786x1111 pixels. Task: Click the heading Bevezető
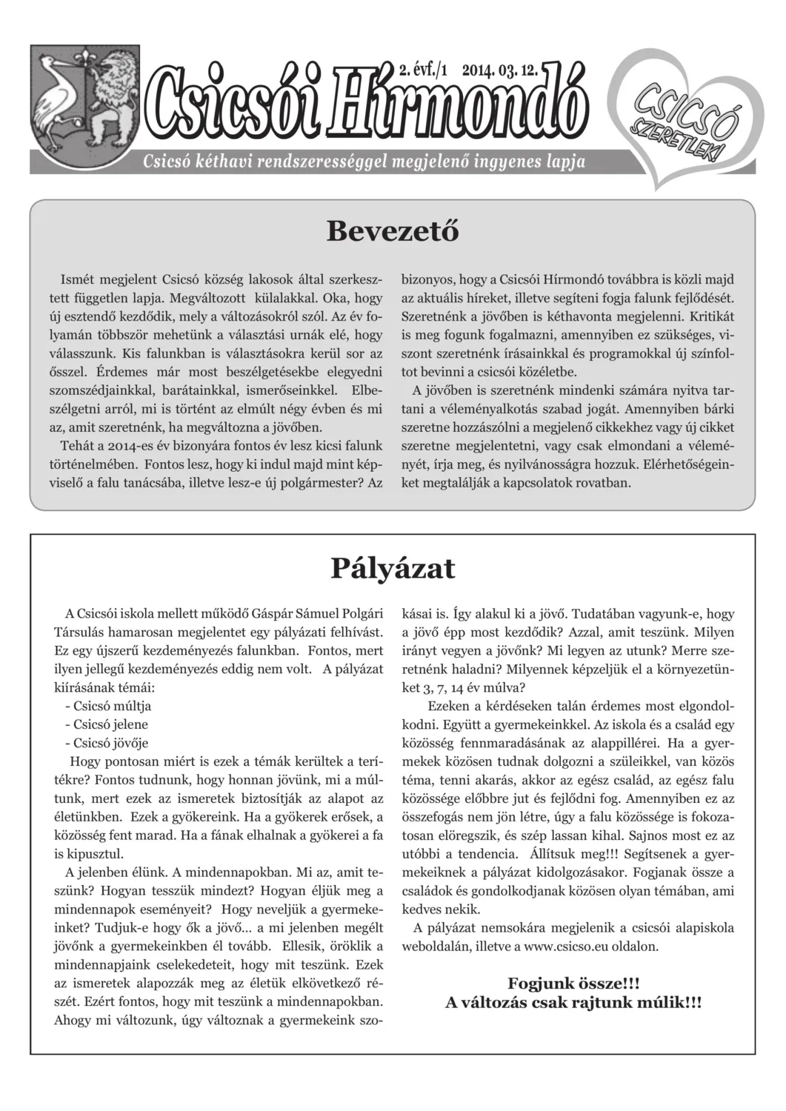coord(393,231)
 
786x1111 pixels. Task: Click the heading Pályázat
coord(393,568)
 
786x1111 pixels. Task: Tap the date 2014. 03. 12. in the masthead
coord(500,71)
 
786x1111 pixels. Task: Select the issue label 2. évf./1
coord(424,71)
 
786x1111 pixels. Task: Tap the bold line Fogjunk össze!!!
coord(573,984)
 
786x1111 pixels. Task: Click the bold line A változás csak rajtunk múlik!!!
coord(573,1003)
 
